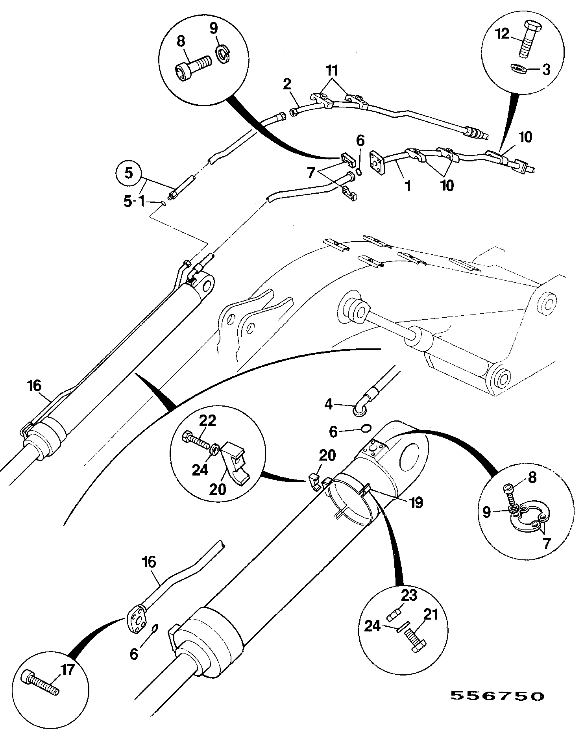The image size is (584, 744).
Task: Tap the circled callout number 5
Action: (129, 174)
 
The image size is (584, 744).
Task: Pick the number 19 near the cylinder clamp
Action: (416, 502)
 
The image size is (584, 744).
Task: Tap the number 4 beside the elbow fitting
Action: (328, 403)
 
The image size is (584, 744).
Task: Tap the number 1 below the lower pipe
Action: (408, 186)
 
